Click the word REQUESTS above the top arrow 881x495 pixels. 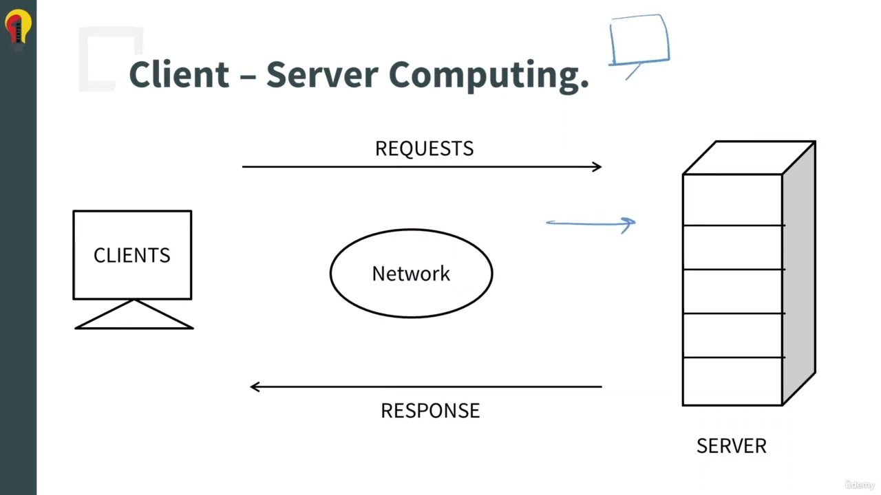[424, 148]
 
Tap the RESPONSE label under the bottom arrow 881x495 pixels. [430, 410]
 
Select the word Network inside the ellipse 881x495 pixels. [411, 274]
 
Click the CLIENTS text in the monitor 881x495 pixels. [131, 255]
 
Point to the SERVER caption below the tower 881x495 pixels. [731, 445]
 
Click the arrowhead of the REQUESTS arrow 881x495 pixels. [597, 166]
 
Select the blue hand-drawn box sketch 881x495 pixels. [639, 40]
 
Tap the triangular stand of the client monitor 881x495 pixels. [134, 317]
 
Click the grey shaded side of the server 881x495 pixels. [799, 275]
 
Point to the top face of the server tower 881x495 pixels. [749, 157]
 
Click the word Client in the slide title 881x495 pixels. [179, 74]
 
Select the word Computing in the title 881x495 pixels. [488, 74]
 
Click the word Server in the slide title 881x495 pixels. [323, 74]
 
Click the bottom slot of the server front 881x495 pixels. [732, 382]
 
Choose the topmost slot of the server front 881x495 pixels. [732, 199]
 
